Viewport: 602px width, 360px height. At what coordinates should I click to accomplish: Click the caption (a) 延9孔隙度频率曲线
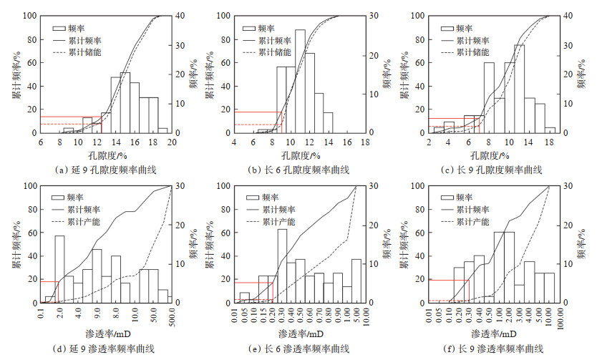(x=106, y=170)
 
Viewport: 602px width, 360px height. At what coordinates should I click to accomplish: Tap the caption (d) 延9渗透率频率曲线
(x=106, y=349)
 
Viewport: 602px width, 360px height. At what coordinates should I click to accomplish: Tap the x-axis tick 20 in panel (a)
(x=172, y=142)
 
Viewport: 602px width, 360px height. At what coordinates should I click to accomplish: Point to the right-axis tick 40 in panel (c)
(x=561, y=16)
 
